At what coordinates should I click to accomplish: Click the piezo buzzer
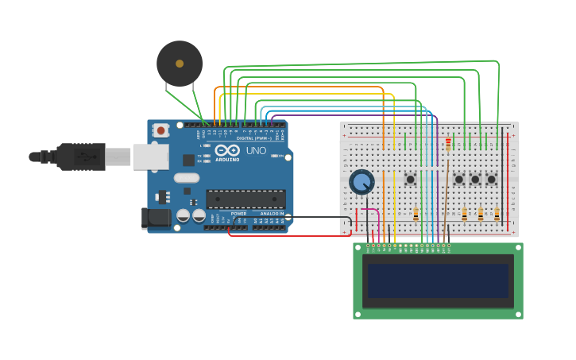pos(180,64)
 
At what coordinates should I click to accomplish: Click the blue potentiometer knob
pos(361,182)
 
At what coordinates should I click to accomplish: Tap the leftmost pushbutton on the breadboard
pos(410,180)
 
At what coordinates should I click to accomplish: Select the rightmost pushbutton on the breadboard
pos(491,180)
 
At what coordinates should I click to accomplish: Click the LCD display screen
pos(438,281)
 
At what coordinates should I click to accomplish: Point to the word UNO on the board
pos(256,150)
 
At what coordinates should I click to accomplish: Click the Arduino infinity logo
pos(227,151)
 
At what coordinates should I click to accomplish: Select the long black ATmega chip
pos(245,199)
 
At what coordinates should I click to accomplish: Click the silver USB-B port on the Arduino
pos(150,157)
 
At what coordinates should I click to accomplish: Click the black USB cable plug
pos(79,157)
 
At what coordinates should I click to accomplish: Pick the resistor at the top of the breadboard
pos(448,144)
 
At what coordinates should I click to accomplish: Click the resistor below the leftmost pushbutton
pos(416,214)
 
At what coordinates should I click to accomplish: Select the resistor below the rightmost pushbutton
pos(497,214)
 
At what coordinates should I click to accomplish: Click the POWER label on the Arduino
pos(238,214)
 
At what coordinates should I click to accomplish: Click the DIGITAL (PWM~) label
pos(253,138)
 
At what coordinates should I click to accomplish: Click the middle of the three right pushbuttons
pos(475,180)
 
